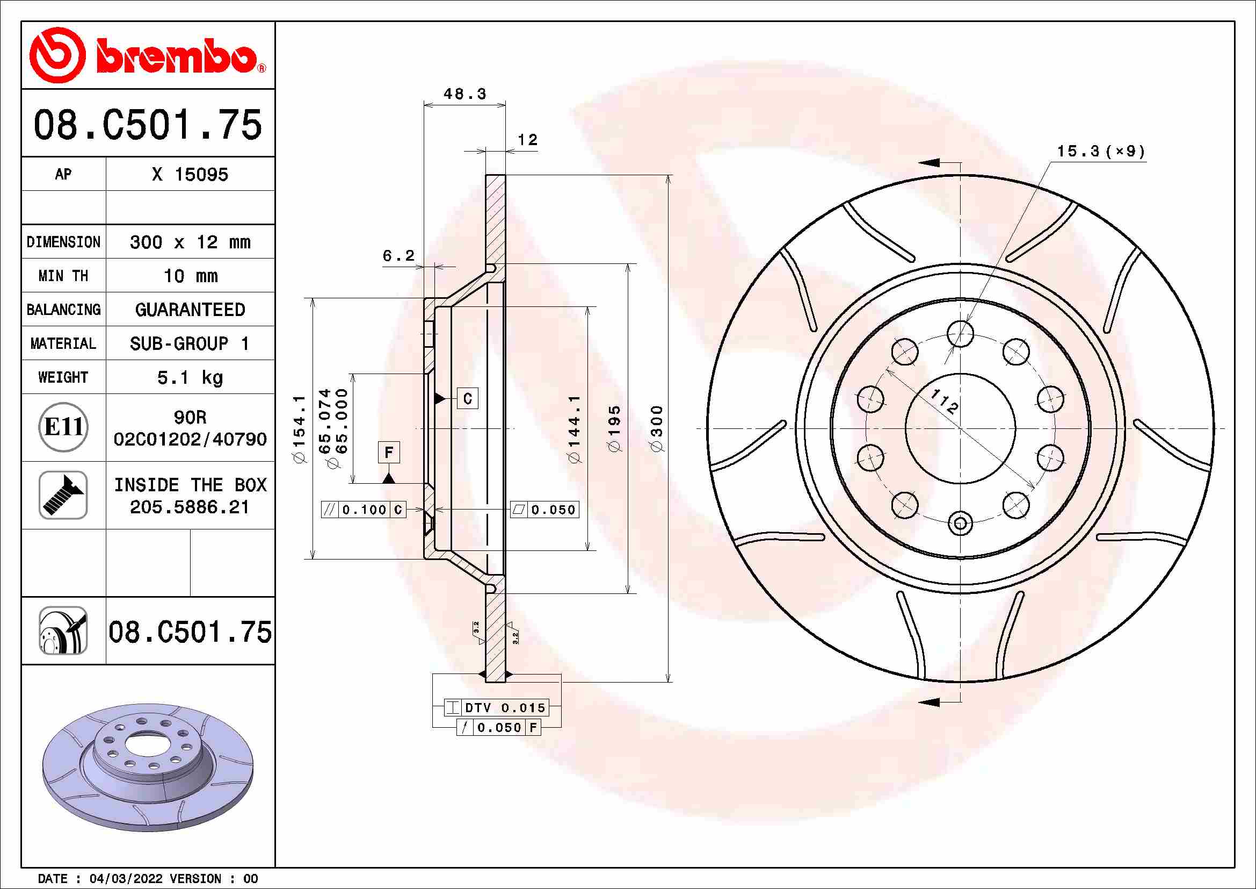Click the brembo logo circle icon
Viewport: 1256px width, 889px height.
pyautogui.click(x=57, y=55)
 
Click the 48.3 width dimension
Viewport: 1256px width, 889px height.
pyautogui.click(x=464, y=94)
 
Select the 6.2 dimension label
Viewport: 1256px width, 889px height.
pyautogui.click(x=398, y=256)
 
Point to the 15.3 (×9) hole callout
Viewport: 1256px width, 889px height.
pyautogui.click(x=1100, y=151)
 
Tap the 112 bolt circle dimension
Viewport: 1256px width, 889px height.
pyautogui.click(x=944, y=403)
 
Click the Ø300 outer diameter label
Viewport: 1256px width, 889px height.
pyautogui.click(x=657, y=428)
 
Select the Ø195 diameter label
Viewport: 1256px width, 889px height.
pyautogui.click(x=615, y=428)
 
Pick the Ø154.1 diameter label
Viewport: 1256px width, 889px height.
pyautogui.click(x=299, y=428)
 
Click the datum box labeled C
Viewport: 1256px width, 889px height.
pyautogui.click(x=467, y=398)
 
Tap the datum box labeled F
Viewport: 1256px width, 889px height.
pyautogui.click(x=388, y=452)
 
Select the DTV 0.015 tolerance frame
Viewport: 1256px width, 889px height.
pyautogui.click(x=496, y=708)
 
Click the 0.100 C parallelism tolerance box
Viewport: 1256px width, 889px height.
pyautogui.click(x=364, y=510)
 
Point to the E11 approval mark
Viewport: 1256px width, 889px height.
pyautogui.click(x=63, y=427)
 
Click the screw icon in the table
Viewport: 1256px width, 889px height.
pyautogui.click(x=63, y=495)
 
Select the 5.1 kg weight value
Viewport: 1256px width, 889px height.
pyautogui.click(x=190, y=377)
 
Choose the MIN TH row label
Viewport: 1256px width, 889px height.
pyautogui.click(x=63, y=276)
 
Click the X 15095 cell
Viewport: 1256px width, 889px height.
pyautogui.click(x=190, y=175)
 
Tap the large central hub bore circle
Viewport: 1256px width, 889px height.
pyautogui.click(x=960, y=428)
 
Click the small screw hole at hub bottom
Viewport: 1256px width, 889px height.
pyautogui.click(x=960, y=524)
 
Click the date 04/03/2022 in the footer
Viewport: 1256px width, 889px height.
pyautogui.click(x=126, y=879)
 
